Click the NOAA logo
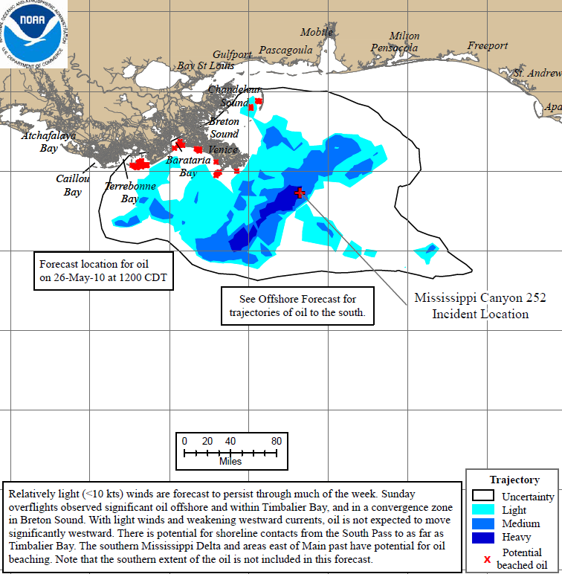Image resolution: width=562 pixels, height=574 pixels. point(34,34)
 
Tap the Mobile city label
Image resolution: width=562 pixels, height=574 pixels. point(317,32)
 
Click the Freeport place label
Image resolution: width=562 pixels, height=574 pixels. point(488,46)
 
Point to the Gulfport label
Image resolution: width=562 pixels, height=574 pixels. point(232,54)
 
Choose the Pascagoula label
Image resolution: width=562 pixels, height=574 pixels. point(285,50)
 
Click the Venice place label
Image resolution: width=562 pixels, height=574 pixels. point(223,149)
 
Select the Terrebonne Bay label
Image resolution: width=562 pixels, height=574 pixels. point(130,193)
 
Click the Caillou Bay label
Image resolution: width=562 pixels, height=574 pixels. point(73,185)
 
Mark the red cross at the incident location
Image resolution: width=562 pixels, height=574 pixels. point(300,193)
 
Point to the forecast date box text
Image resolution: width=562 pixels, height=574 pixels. point(104,271)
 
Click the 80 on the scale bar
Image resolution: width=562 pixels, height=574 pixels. point(277,440)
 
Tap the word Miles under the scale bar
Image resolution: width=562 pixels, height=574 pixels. point(230,462)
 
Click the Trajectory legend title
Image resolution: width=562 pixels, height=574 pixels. point(514,480)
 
